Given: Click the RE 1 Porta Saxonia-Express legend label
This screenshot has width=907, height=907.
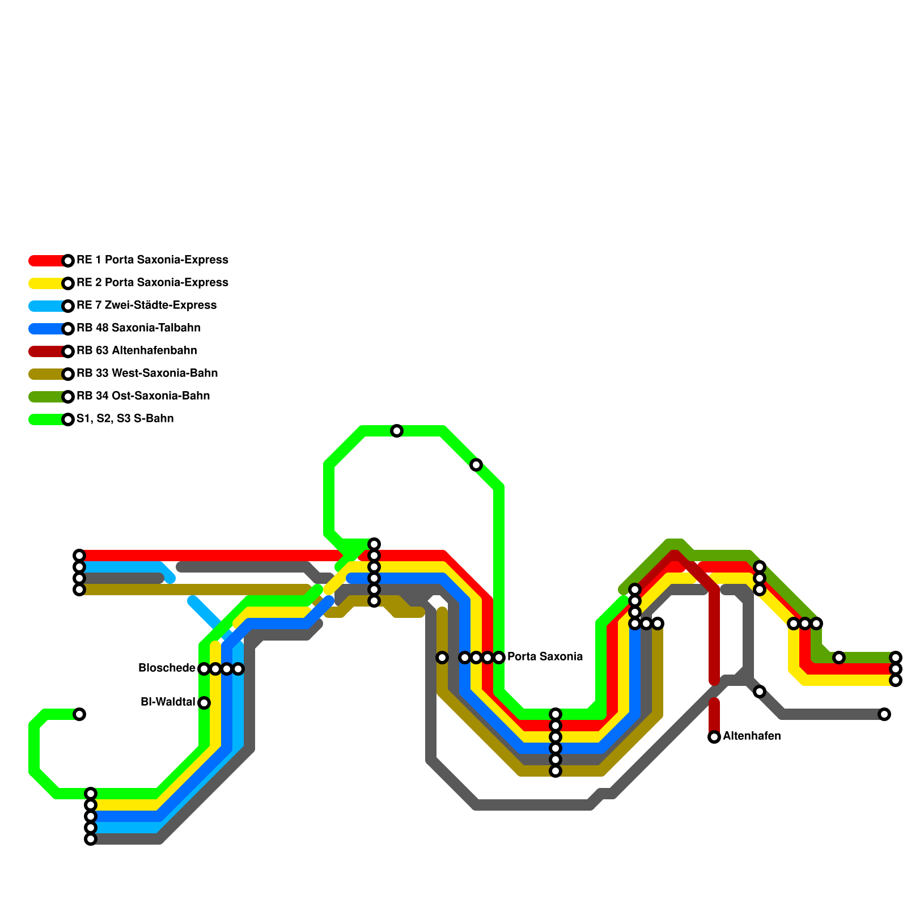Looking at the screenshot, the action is pos(152,260).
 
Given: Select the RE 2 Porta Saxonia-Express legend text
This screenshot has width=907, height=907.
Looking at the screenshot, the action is pos(152,283).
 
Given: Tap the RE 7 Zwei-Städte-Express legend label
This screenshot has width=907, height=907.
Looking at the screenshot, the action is pos(146,306).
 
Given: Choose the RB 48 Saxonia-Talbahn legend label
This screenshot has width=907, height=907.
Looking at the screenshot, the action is pos(138,328).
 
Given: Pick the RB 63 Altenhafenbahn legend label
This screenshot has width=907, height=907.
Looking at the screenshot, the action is pos(137,351).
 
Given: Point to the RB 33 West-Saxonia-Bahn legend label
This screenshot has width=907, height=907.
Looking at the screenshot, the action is pos(147,374).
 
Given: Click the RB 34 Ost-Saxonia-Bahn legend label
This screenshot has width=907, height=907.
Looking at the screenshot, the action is pos(143,396).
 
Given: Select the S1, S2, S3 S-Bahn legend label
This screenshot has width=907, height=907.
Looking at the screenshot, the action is pos(125,419).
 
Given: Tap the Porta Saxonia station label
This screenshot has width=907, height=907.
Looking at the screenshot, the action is pos(545,657).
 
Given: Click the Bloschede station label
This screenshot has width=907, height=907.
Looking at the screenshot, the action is pos(167,668).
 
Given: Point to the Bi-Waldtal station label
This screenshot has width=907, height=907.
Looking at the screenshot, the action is pos(168,702).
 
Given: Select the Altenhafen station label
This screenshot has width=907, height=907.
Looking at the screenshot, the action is pos(752,736).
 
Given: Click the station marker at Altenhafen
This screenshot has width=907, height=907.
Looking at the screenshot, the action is pos(714,737).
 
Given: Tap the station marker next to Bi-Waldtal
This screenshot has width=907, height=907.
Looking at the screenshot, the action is pos(204,703).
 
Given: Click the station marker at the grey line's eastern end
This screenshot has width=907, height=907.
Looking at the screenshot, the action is pos(884,714).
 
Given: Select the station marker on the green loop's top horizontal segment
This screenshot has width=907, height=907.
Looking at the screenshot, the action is pos(397,431).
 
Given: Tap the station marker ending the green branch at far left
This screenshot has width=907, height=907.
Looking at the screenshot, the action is pos(79,714).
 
